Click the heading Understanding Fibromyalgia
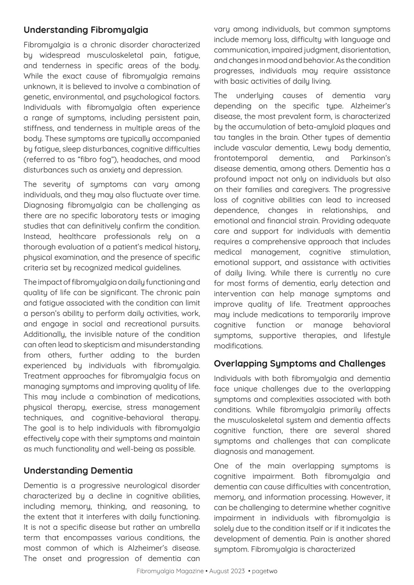click(86, 30)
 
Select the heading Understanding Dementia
click(78, 470)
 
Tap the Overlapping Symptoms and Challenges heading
click(299, 364)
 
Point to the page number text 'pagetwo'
click(264, 571)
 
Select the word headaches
click(142, 160)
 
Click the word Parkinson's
click(371, 158)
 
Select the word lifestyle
click(376, 335)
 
